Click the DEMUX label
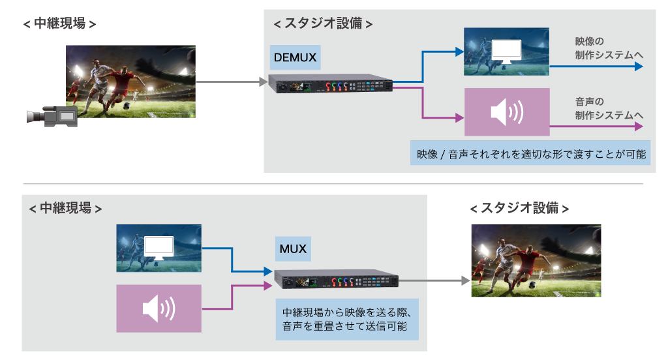(295, 57)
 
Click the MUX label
(293, 248)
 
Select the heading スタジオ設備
(323, 23)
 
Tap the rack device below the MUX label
(336, 279)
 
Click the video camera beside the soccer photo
(52, 117)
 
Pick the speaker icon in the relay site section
(159, 308)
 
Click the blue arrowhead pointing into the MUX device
(268, 271)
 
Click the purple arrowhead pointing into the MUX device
(268, 285)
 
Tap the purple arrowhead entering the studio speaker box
(459, 119)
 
